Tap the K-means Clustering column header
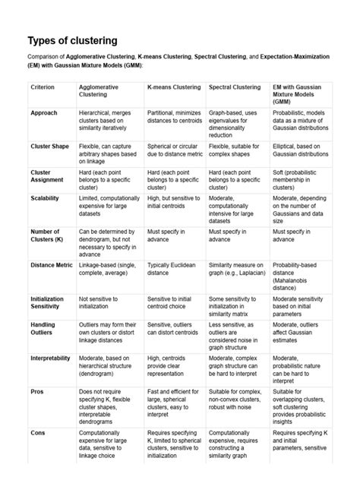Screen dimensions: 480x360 pyautogui.click(x=174, y=87)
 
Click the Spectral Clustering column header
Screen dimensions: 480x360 pyautogui.click(x=236, y=87)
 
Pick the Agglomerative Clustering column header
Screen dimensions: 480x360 pyautogui.click(x=99, y=91)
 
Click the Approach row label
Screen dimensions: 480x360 pyautogui.click(x=44, y=112)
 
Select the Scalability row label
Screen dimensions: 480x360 pyautogui.click(x=47, y=196)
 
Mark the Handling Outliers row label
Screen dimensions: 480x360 pyautogui.click(x=44, y=329)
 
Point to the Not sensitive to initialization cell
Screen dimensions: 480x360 pyautogui.click(x=105, y=302)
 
